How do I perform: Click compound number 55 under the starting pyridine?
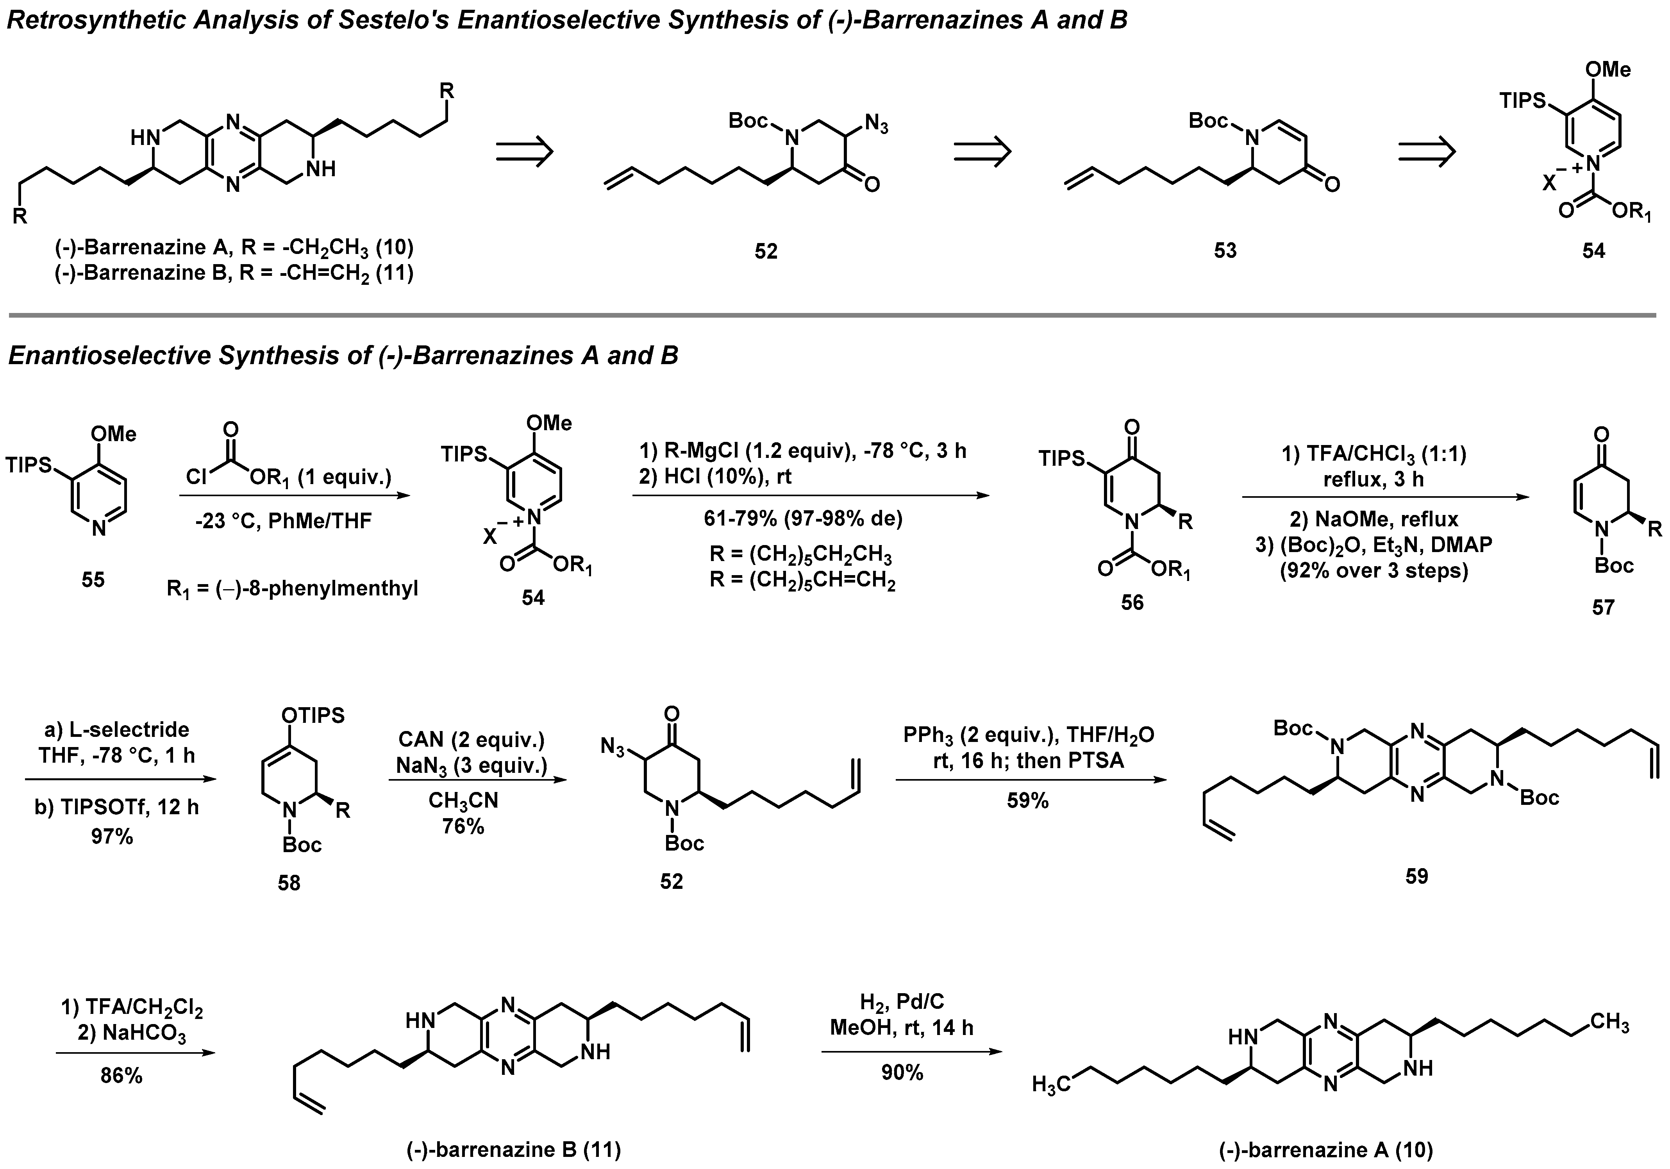(93, 580)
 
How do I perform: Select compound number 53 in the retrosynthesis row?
(1225, 251)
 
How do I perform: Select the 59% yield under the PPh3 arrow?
(1028, 801)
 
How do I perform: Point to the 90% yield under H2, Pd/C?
(902, 1072)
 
